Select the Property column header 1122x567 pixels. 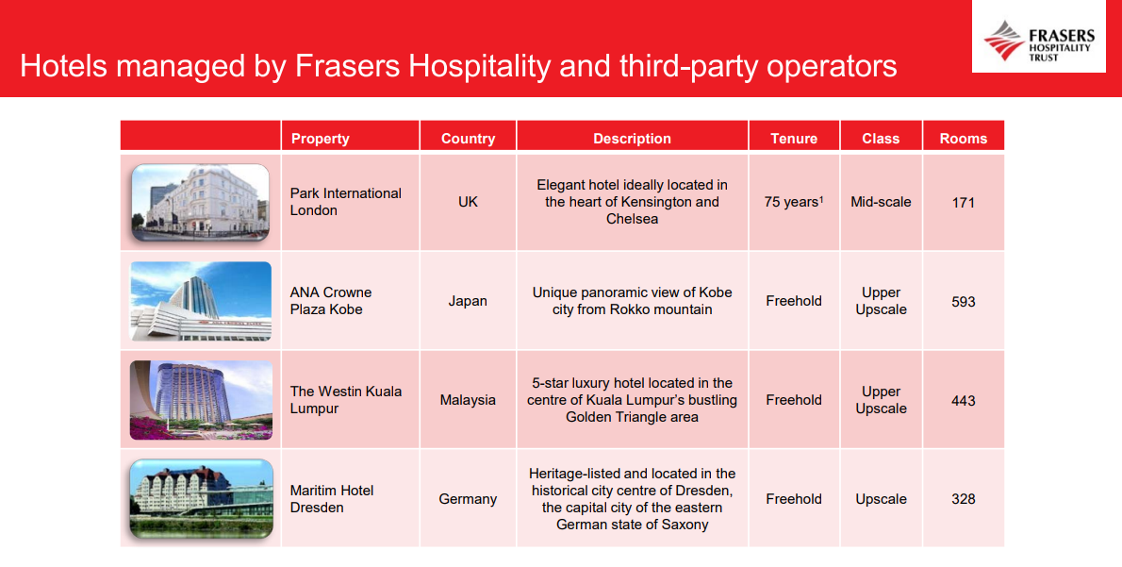point(320,139)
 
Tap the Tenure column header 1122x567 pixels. point(794,139)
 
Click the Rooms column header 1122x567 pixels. point(963,139)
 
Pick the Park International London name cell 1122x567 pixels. point(345,202)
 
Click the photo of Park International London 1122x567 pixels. point(201,202)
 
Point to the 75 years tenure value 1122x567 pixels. point(793,202)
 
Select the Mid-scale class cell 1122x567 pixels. point(881,202)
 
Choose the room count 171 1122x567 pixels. point(963,202)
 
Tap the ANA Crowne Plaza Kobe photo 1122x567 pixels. point(201,301)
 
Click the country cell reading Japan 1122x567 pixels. point(468,301)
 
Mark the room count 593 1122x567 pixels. point(963,302)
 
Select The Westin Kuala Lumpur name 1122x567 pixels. point(345,400)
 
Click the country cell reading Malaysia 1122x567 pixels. point(468,400)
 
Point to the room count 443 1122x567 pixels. point(963,401)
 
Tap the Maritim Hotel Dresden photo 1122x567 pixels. point(201,499)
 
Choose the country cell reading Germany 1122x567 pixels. point(468,499)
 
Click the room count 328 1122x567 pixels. point(963,499)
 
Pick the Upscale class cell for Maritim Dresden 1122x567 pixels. point(881,499)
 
